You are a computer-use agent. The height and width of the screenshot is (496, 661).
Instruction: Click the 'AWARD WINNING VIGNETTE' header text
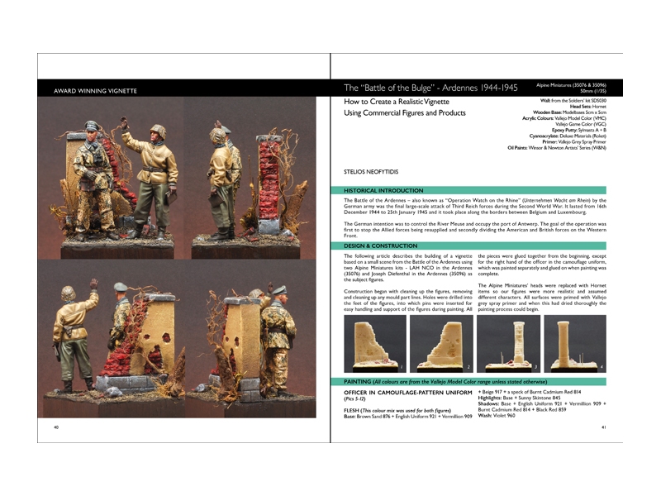[x=93, y=90]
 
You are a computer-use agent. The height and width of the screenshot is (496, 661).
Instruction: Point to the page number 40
[x=56, y=427]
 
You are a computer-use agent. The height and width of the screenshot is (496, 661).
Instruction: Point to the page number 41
[x=604, y=427]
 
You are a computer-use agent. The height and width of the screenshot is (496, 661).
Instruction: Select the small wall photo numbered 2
[x=441, y=344]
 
